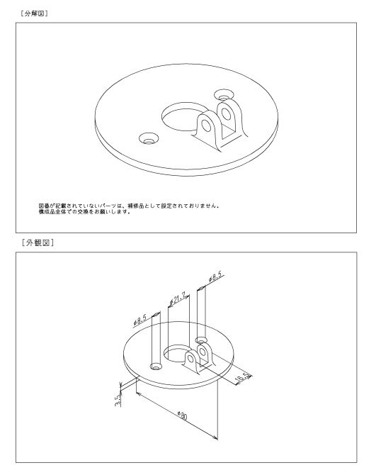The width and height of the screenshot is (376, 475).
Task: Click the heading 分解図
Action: (34, 13)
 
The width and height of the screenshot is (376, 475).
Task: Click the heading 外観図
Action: (38, 242)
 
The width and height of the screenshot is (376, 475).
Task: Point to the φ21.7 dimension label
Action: (179, 299)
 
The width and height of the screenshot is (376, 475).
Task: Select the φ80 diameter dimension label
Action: (183, 415)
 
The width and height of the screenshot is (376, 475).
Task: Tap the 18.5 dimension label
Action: (243, 379)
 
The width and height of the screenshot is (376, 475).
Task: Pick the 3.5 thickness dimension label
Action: (118, 400)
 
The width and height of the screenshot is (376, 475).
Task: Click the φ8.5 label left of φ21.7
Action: (140, 320)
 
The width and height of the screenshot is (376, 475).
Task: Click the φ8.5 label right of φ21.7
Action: (216, 276)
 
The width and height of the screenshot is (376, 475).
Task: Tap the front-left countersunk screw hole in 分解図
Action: (149, 139)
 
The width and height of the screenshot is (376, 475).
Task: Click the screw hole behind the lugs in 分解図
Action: (224, 95)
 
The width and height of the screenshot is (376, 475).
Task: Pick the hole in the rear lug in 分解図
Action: (226, 113)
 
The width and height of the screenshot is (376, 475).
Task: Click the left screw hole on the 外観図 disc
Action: (156, 367)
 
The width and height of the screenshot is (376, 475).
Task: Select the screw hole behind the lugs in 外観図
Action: (201, 340)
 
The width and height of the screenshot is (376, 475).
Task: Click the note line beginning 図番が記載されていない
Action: (129, 206)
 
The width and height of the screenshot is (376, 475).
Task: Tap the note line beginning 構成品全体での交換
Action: (85, 212)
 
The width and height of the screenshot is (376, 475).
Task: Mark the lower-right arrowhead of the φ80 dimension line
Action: (215, 437)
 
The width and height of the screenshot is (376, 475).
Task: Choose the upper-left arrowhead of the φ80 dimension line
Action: (139, 393)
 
